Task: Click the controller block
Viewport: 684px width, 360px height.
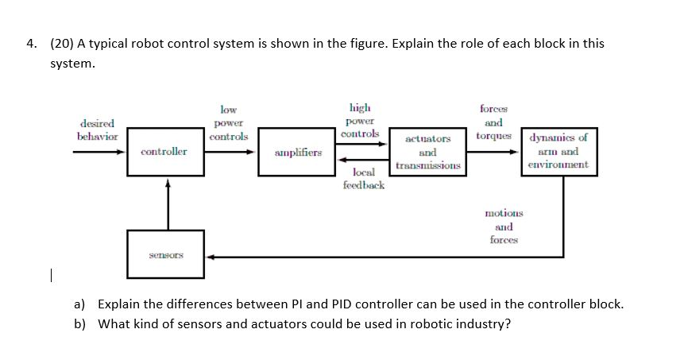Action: pyautogui.click(x=164, y=151)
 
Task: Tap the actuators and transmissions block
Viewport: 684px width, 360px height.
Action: pyautogui.click(x=427, y=152)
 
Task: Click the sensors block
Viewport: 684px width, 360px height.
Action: pyautogui.click(x=167, y=256)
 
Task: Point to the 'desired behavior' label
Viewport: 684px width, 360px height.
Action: pyautogui.click(x=97, y=130)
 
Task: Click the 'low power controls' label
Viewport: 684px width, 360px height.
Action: pyautogui.click(x=228, y=123)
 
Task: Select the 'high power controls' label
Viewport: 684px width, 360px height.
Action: pyautogui.click(x=360, y=121)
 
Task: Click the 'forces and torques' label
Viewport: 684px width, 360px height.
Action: pyautogui.click(x=493, y=122)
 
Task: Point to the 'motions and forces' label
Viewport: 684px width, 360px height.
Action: pyautogui.click(x=504, y=226)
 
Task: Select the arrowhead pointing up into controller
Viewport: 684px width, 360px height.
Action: pyautogui.click(x=168, y=182)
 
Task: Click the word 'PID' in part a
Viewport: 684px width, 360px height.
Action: pyautogui.click(x=297, y=304)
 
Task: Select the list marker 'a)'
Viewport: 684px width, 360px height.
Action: pyautogui.click(x=79, y=304)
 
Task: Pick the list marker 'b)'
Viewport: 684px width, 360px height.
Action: pyautogui.click(x=79, y=323)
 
